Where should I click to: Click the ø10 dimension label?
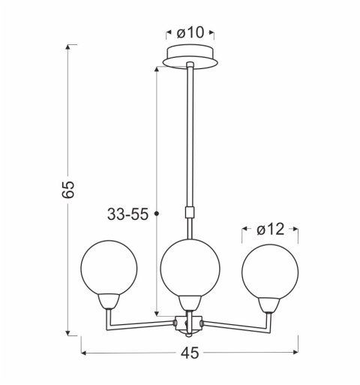pyautogui.click(x=190, y=33)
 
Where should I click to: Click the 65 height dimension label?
pyautogui.click(x=68, y=190)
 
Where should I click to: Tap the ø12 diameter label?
pyautogui.click(x=270, y=230)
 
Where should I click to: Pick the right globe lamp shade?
pyautogui.click(x=270, y=267)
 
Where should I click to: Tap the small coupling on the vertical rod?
pyautogui.click(x=190, y=212)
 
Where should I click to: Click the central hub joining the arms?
pyautogui.click(x=190, y=323)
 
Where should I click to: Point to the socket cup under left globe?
pyautogui.click(x=109, y=301)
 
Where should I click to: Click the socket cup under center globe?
pyautogui.click(x=190, y=302)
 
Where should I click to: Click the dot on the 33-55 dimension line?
pyautogui.click(x=156, y=215)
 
